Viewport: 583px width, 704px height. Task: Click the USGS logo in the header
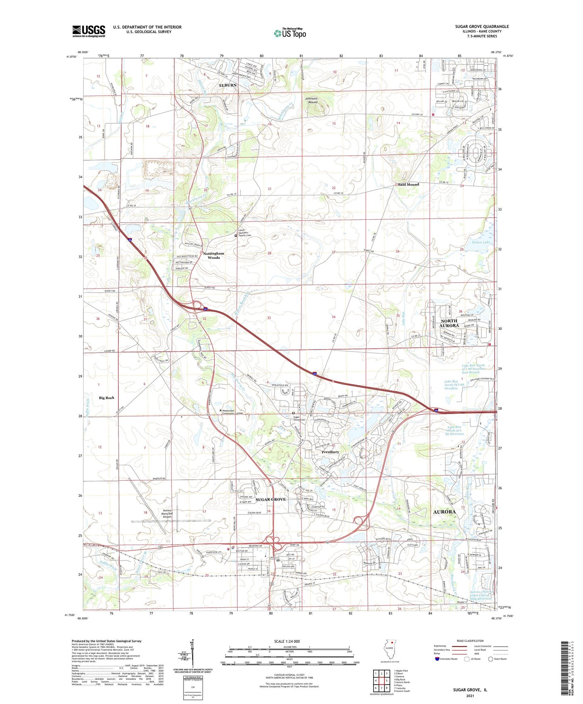[x=89, y=31]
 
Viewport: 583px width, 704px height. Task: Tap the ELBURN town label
[x=228, y=85]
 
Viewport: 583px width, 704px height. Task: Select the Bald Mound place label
[x=409, y=184]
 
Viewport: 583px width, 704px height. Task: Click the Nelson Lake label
[x=481, y=242]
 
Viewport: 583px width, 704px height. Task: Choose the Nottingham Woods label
[x=213, y=255]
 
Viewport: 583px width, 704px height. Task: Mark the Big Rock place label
[x=107, y=398]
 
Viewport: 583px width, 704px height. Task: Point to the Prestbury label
[x=330, y=452]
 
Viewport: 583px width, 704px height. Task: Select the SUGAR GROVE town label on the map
[x=271, y=499]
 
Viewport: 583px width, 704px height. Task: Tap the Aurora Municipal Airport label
[x=167, y=513]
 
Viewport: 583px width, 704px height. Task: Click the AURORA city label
[x=444, y=512]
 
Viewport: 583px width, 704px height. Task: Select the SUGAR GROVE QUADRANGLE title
[x=482, y=27]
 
